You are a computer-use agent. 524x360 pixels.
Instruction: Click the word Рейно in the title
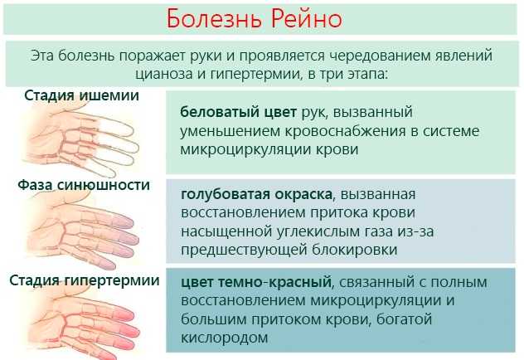[x=307, y=19]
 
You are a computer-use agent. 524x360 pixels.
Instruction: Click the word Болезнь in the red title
[x=214, y=19]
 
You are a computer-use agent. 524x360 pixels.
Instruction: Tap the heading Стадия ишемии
[x=81, y=95]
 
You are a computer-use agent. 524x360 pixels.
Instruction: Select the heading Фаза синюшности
[x=84, y=185]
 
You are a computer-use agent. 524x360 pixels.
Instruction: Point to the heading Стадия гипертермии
[x=85, y=280]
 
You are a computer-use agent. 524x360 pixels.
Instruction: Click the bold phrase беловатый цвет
[x=238, y=112]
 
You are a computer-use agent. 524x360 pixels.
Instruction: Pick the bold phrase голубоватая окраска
[x=257, y=194]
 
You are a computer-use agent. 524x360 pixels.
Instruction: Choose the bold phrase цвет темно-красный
[x=256, y=282]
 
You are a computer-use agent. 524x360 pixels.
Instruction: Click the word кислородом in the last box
[x=225, y=338]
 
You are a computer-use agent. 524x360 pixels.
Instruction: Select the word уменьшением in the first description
[x=230, y=131]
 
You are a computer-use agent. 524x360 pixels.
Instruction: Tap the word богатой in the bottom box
[x=405, y=319]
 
